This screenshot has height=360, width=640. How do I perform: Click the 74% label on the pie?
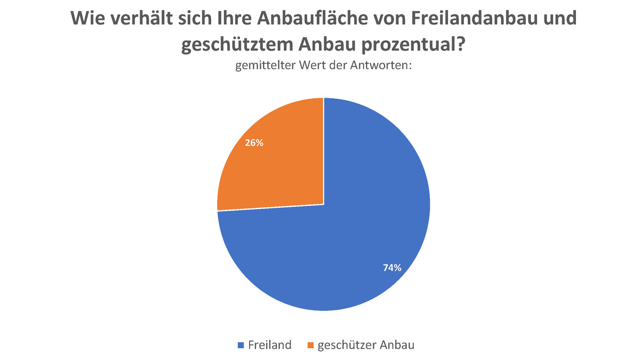click(392, 268)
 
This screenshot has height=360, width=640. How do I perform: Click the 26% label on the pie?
click(254, 143)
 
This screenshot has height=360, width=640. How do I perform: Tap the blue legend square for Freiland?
click(240, 345)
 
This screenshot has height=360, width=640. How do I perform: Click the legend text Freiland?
click(270, 345)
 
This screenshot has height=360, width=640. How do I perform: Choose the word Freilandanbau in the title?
click(470, 20)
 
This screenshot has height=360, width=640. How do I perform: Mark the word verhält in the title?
click(141, 20)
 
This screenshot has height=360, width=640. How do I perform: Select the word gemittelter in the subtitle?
click(262, 66)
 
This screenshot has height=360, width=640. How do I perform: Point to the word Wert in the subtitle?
click(316, 66)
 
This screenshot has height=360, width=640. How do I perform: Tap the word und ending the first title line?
click(561, 20)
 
